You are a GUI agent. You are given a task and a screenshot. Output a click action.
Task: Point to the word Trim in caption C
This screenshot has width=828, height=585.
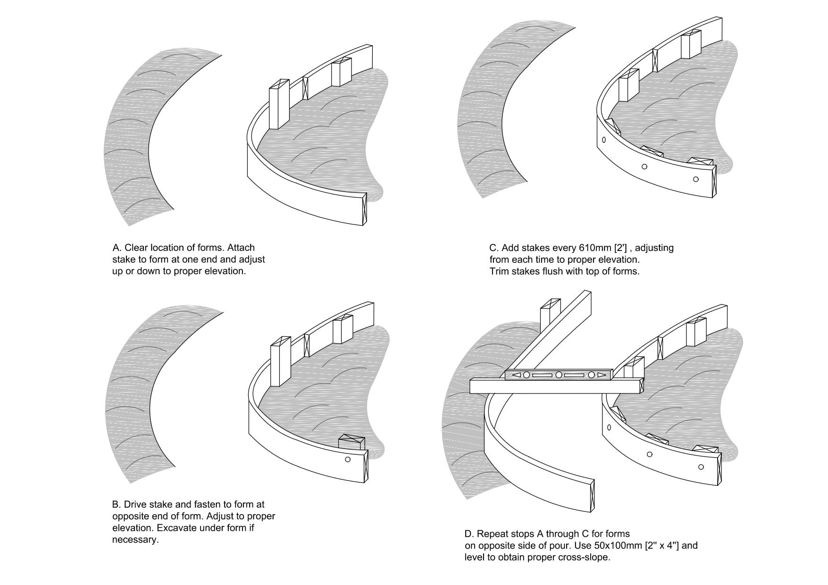coord(499,271)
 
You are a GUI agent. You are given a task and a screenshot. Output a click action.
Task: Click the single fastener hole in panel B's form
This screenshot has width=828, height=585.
coord(348,459)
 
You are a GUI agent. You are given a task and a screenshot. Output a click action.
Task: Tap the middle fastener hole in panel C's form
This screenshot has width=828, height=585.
coord(644,167)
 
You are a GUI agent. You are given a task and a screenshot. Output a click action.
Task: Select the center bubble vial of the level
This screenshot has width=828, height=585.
coord(558,375)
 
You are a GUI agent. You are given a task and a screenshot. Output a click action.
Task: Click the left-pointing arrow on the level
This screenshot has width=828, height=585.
coord(517,375)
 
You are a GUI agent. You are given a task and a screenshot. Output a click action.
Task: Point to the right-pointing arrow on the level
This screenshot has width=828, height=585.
coord(601,375)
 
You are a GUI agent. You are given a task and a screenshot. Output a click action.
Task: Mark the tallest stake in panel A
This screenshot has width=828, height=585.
coord(278,104)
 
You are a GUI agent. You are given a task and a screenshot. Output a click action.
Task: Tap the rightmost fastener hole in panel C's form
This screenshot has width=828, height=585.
coord(695,179)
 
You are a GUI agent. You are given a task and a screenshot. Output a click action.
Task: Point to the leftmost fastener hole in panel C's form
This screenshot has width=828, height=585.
coord(604,140)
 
